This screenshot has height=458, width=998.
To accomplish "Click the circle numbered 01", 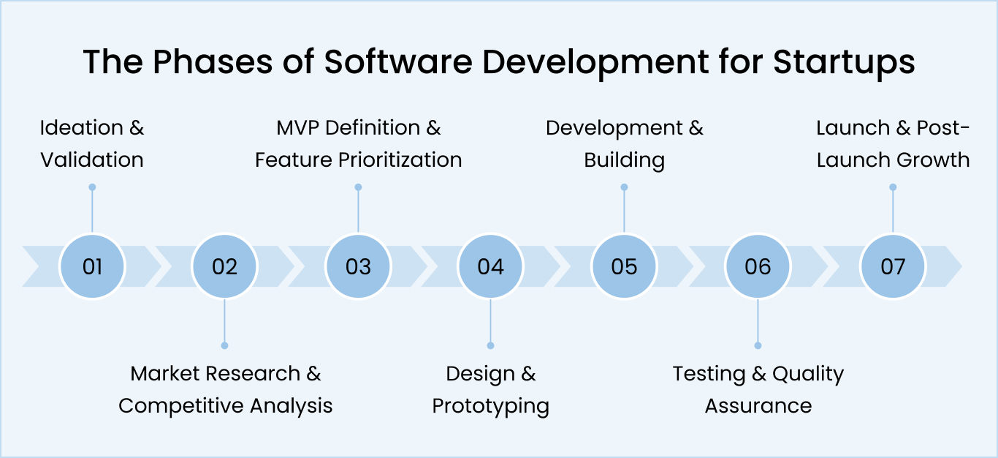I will pos(92,266).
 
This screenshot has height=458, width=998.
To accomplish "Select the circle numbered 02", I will pos(224,266).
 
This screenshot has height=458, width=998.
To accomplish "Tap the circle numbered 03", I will pos(358,266).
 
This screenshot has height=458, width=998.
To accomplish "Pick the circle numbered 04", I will pos(490,266).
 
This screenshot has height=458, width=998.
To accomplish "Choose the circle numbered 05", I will pos(624,266).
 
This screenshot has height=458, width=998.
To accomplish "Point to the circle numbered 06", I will pos(758,266).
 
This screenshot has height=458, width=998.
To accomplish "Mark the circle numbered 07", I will pos(892,266).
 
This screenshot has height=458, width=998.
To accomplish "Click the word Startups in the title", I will pos(844,63).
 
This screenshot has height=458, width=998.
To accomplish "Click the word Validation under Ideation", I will pos(92,160).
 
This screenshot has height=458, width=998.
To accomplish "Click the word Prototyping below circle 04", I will pos(490,406).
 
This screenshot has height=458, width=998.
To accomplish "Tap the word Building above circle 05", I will pos(624,160).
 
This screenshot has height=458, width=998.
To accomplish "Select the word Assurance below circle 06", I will pos(758,405).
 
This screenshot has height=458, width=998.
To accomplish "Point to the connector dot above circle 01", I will pos(92,187).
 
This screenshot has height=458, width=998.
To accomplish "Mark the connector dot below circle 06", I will pos(758,345).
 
